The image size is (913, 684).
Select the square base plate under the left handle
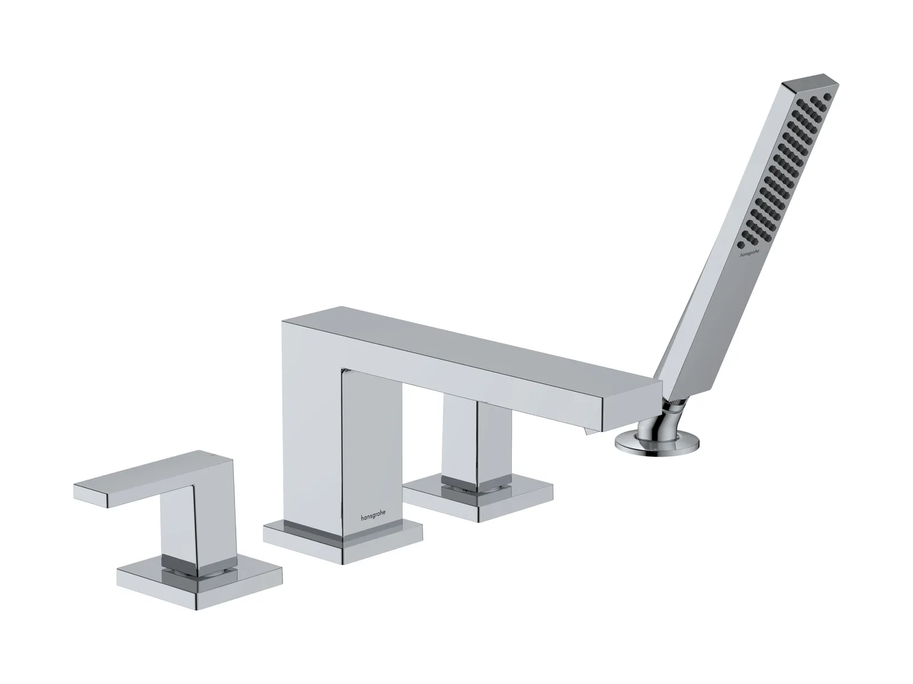pyautogui.click(x=199, y=582)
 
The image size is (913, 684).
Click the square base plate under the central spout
pyautogui.click(x=343, y=541)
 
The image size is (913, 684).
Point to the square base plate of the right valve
pyautogui.click(x=478, y=501)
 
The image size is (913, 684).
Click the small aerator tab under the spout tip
pyautogui.click(x=590, y=433)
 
